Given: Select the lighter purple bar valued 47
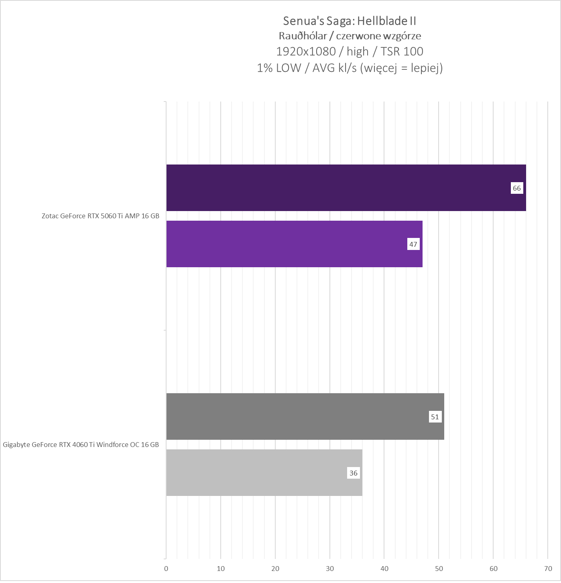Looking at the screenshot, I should (x=294, y=244).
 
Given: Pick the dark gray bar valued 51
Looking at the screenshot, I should (x=305, y=416).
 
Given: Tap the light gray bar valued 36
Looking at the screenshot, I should (x=264, y=473).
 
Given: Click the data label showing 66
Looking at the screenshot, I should (x=516, y=188).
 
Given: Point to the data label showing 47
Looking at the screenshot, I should (x=413, y=244).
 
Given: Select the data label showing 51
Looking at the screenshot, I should (x=435, y=417).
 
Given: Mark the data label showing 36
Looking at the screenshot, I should (x=353, y=473).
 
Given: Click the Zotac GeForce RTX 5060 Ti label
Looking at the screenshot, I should (x=100, y=216).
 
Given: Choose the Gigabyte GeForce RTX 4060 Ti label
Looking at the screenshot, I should (x=81, y=445).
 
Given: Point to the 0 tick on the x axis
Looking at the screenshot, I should (x=166, y=569).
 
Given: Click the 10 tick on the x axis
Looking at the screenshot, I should (x=221, y=569).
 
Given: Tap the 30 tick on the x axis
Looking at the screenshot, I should (x=330, y=569).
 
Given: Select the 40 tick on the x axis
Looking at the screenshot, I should (x=384, y=569).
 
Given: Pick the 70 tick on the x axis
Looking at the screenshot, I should (x=548, y=569).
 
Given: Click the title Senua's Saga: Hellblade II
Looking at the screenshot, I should (x=350, y=20).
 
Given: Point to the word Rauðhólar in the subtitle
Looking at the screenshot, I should (x=303, y=36).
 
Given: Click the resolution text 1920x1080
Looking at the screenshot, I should (x=306, y=51).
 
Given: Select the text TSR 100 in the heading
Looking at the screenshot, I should (x=402, y=51).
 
